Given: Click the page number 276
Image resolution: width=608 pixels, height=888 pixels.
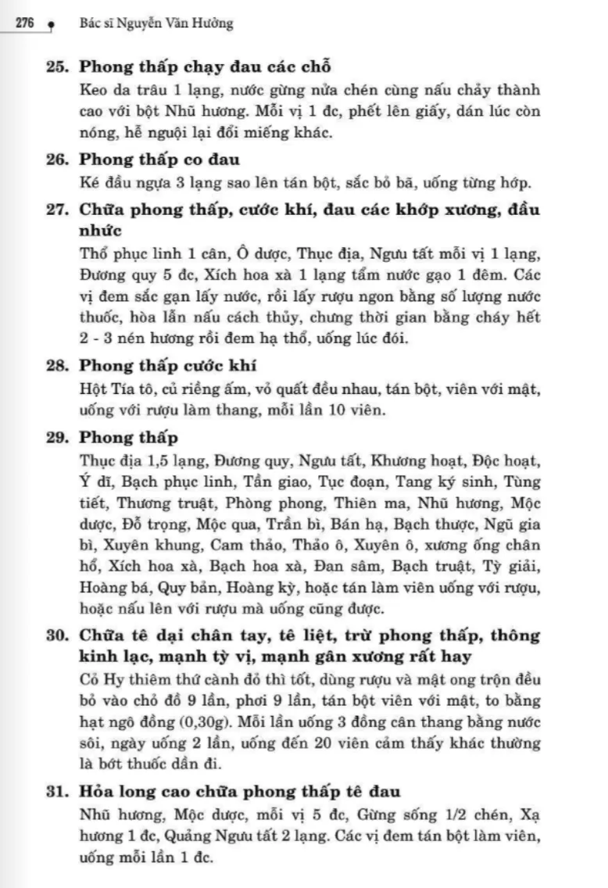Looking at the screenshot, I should (x=23, y=24).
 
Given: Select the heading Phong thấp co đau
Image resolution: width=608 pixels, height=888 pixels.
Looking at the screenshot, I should (x=159, y=159).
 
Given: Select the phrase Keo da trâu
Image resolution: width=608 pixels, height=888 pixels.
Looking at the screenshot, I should (x=115, y=90).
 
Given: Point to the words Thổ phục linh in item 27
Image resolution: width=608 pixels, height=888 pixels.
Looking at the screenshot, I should (x=120, y=255).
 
